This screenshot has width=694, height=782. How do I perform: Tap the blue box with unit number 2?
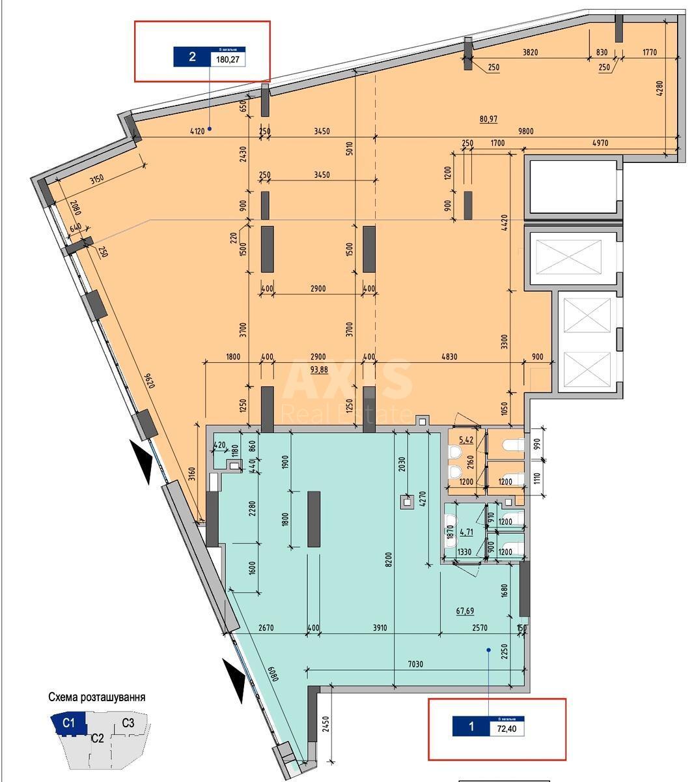click(x=191, y=57)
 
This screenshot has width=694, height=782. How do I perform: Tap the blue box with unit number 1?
click(x=471, y=726)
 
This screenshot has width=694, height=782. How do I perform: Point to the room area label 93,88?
click(x=319, y=369)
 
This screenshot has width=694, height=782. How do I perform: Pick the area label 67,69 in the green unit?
click(x=465, y=611)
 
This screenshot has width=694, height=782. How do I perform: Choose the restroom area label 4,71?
click(x=466, y=532)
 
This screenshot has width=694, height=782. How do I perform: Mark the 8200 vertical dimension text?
click(x=389, y=560)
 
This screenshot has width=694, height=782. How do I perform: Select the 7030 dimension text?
click(x=416, y=664)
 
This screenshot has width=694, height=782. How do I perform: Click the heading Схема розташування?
click(x=97, y=697)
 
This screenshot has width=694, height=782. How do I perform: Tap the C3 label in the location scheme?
click(x=128, y=723)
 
